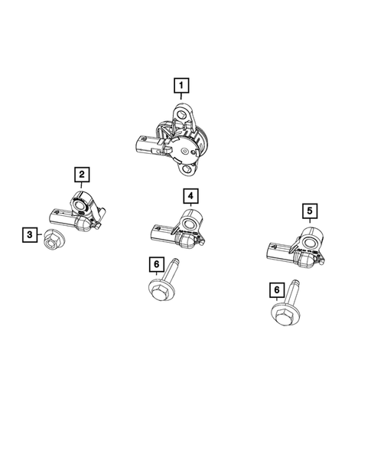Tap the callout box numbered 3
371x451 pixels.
(28, 235)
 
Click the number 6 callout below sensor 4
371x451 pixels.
(157, 265)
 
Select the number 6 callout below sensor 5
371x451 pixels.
(276, 289)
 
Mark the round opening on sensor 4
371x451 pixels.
(190, 224)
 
